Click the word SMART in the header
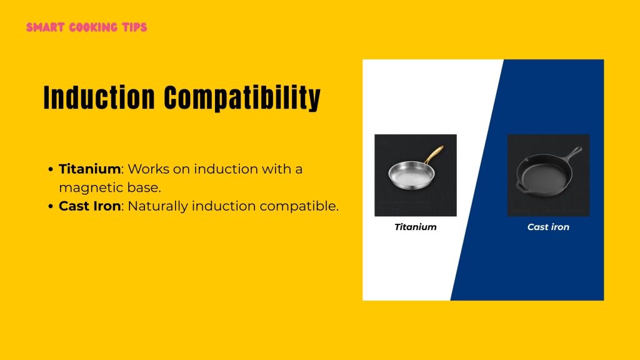click(x=43, y=27)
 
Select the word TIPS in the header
click(x=134, y=27)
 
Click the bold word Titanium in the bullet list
click(x=89, y=169)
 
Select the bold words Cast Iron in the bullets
click(x=89, y=206)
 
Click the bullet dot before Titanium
click(x=50, y=169)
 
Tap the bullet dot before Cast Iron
click(x=50, y=206)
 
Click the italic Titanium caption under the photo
click(x=416, y=227)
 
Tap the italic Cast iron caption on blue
click(x=548, y=227)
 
